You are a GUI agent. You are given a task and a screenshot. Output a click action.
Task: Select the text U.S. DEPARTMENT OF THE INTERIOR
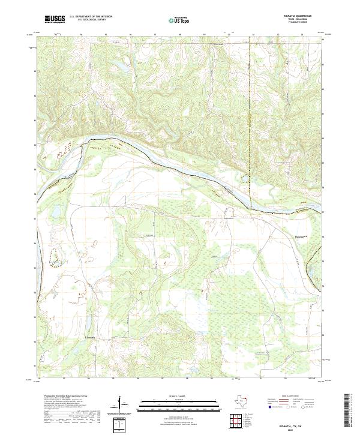click(91, 17)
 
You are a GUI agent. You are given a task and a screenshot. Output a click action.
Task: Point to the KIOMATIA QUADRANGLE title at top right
click(293, 16)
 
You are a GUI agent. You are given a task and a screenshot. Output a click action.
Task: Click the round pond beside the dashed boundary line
click(244, 177)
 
